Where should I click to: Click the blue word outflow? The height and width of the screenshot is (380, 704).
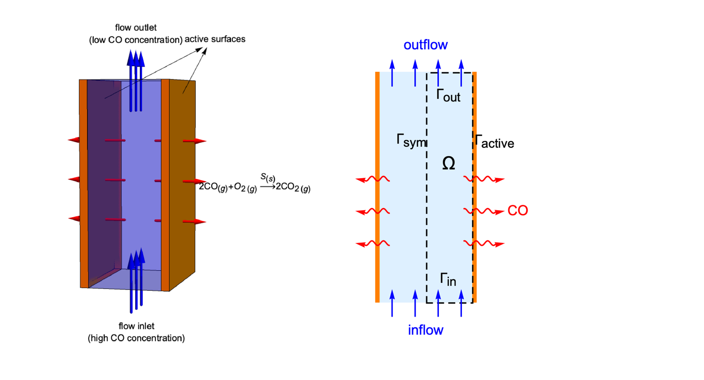point(426,45)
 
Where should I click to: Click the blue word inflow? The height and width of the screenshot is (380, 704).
point(426,330)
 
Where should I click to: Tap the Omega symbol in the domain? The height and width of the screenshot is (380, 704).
point(449,163)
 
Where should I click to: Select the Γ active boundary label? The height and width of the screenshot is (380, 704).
point(495,142)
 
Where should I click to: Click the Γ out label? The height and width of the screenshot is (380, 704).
point(448,96)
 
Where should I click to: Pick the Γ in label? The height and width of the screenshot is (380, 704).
point(448,279)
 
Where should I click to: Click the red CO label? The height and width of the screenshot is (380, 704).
point(518,211)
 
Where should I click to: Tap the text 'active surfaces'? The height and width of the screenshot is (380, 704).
point(215,39)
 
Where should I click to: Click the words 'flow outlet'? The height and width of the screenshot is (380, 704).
point(136,28)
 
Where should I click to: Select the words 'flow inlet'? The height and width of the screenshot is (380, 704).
point(136,326)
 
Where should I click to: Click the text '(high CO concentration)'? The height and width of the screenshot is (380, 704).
point(136,338)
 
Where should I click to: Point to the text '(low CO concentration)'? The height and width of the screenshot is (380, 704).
point(136,40)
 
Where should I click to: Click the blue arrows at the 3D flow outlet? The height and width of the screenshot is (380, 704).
point(136,80)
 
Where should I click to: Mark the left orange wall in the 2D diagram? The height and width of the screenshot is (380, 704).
point(377,188)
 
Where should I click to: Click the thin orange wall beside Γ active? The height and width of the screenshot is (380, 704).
point(474,188)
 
